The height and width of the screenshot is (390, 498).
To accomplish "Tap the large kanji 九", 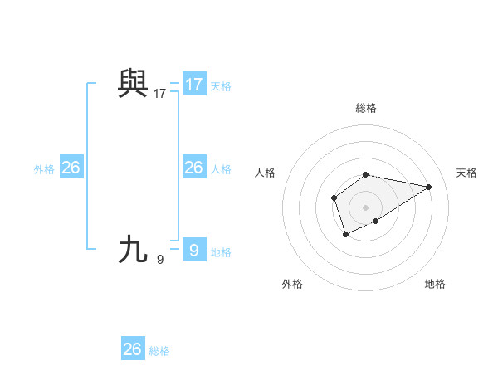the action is click(133, 248).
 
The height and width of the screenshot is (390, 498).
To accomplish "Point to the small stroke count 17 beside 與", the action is click(159, 94).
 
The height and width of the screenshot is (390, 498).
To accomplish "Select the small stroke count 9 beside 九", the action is click(159, 259).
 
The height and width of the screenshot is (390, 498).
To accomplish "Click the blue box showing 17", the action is click(194, 85).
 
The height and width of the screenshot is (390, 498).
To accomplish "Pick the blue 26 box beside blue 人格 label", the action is click(194, 168).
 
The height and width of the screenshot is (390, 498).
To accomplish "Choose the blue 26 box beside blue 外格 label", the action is click(71, 168).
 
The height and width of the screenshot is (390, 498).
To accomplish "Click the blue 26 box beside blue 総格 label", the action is click(132, 349).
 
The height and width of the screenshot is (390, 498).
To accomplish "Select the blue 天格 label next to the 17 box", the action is click(221, 86).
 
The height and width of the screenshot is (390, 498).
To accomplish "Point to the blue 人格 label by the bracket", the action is click(221, 169).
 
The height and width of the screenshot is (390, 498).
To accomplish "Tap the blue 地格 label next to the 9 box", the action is click(221, 252).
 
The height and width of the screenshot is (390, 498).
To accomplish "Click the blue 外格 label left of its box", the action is click(44, 169).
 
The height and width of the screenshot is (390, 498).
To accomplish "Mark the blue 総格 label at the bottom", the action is click(159, 351).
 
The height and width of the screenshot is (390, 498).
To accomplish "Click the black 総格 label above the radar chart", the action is click(366, 108).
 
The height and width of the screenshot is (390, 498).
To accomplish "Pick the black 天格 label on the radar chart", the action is click(466, 173).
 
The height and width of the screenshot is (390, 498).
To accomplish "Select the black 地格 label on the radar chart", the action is click(435, 284).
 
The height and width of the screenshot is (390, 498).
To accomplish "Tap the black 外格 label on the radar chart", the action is click(292, 284).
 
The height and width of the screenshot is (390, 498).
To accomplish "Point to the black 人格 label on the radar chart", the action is click(266, 173).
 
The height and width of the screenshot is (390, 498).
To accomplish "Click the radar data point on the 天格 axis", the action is click(429, 186).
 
